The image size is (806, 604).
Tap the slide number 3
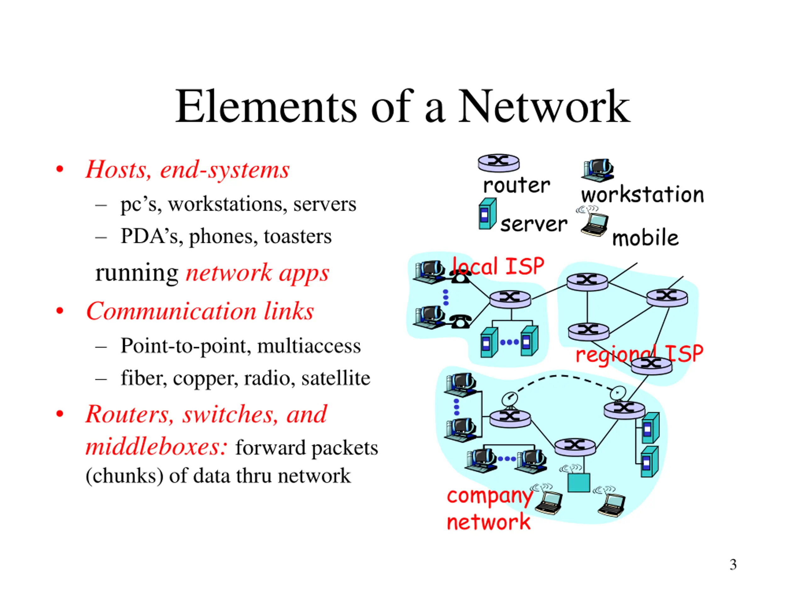pos(733,565)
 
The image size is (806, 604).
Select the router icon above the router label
pos(498,163)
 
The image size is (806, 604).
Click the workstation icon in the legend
pos(597,170)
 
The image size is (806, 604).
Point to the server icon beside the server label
pos(487,214)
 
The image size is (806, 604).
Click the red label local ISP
pos(498,266)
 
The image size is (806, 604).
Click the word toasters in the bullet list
pos(298,236)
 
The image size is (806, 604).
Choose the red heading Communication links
pos(200,311)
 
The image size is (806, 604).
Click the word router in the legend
pos(516,185)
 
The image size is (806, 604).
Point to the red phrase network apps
pos(257,273)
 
